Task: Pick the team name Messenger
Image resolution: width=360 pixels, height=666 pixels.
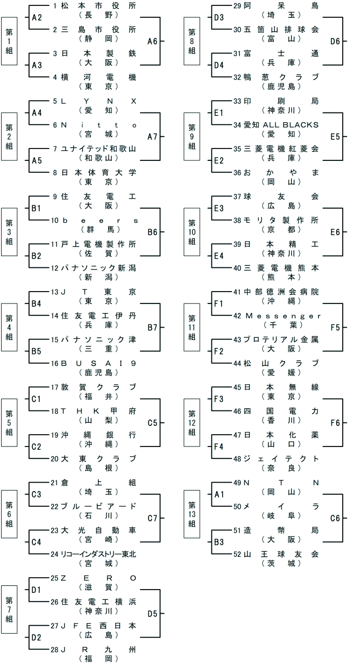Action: [x=283, y=316]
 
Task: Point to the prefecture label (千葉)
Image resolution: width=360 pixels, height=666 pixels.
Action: [x=283, y=324]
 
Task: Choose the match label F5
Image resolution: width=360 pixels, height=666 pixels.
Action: [x=335, y=327]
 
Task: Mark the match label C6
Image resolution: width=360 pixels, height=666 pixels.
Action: [x=335, y=518]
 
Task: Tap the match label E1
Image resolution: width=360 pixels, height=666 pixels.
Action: [x=218, y=112]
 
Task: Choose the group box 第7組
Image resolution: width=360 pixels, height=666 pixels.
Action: [x=10, y=613]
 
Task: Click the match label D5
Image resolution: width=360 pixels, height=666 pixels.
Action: [x=152, y=613]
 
